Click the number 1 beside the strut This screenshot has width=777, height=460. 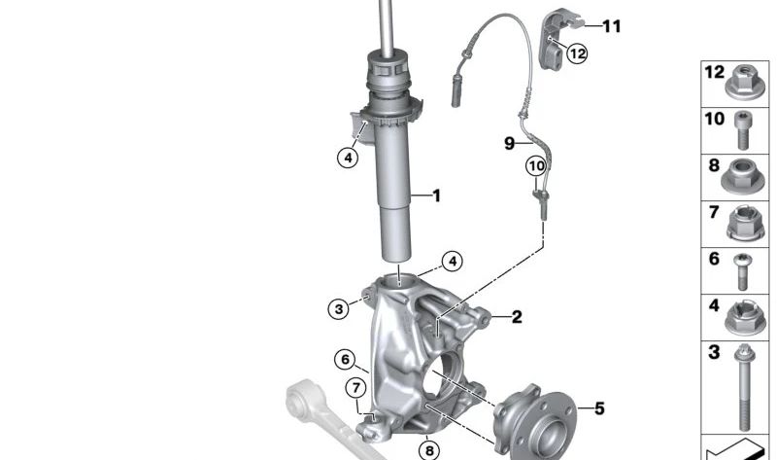coord(436,195)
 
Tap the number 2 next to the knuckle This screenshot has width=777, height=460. coord(517,316)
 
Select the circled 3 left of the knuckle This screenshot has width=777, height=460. coord(338,309)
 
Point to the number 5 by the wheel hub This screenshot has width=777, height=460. coord(599,408)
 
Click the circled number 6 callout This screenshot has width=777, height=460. coord(343,359)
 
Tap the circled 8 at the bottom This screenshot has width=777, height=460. coord(428,449)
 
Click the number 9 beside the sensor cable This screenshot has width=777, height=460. coord(509,144)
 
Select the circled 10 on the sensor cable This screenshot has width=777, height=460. coord(536,166)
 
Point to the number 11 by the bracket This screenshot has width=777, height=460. coord(611,26)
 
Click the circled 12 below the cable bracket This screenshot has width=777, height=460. coord(577,53)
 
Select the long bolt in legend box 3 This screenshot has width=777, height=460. coord(743,389)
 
